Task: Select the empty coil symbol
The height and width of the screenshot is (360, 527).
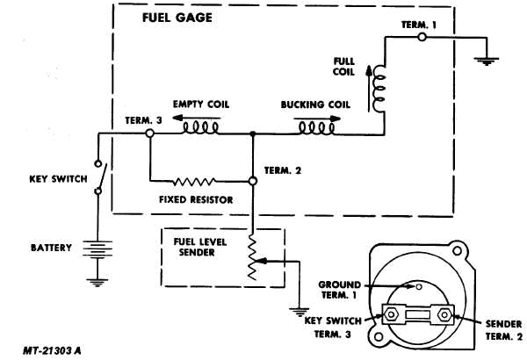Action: pyautogui.click(x=200, y=130)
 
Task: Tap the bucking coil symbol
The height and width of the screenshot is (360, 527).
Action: pyautogui.click(x=315, y=130)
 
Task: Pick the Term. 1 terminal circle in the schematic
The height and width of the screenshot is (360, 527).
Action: pyautogui.click(x=422, y=37)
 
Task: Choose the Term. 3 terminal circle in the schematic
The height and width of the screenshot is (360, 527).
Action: pyautogui.click(x=149, y=133)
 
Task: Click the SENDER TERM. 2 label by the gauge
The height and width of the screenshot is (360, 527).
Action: pyautogui.click(x=502, y=329)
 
